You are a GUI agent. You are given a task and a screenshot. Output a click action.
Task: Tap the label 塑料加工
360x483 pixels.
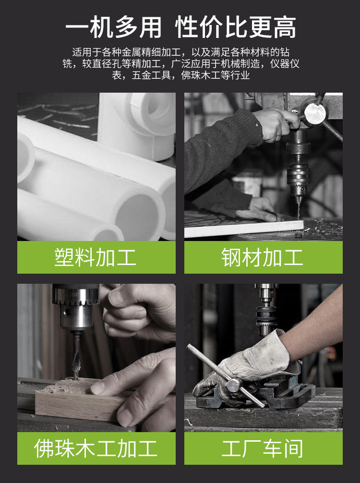pos(96,257)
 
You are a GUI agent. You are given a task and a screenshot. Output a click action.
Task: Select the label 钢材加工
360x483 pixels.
pos(263,257)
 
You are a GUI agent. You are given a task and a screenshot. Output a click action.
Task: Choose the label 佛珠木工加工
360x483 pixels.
pos(96,448)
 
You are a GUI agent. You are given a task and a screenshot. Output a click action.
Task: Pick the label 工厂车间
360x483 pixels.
pos(263,448)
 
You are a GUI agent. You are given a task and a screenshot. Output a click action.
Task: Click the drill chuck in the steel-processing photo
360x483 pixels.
pos(298,179)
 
